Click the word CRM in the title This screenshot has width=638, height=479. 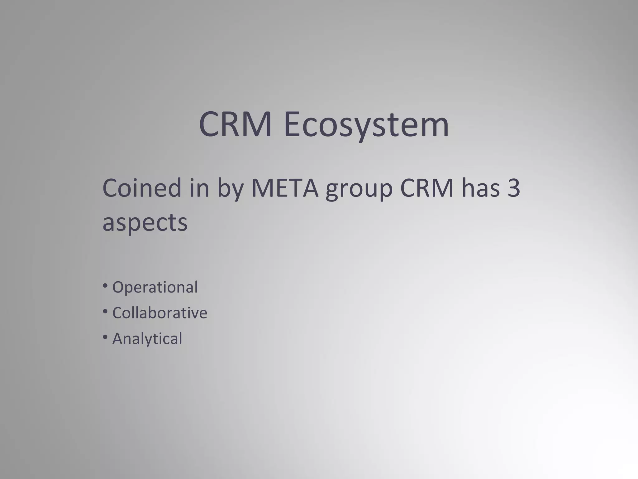point(235,124)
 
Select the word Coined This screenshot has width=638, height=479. point(142,188)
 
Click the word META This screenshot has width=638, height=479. point(285,188)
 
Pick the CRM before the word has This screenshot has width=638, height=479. point(426,188)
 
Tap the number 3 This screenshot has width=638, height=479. point(514,188)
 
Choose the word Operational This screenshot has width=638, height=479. point(155,287)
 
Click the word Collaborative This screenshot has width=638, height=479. point(159,313)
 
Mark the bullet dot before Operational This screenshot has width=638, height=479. point(105,285)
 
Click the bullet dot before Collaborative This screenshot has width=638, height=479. point(105,311)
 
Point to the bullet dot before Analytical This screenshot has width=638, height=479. point(105,337)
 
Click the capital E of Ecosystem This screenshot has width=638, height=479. point(293,124)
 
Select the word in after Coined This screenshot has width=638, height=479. point(199,188)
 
